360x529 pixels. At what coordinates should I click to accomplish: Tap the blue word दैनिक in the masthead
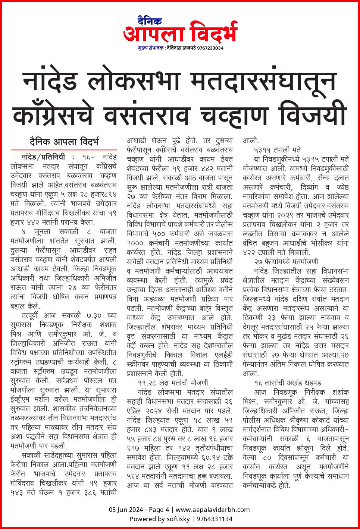(x=150, y=21)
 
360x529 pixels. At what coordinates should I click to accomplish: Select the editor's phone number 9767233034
(x=210, y=48)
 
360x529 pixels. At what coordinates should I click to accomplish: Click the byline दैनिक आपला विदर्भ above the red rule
(x=64, y=142)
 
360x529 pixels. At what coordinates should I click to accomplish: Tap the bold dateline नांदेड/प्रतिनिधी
(x=43, y=157)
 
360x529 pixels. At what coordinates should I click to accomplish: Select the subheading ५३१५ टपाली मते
(x=277, y=150)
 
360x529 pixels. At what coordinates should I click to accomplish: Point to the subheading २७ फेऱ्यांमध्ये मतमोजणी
(x=286, y=262)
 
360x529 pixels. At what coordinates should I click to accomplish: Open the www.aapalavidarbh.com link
(x=213, y=510)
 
